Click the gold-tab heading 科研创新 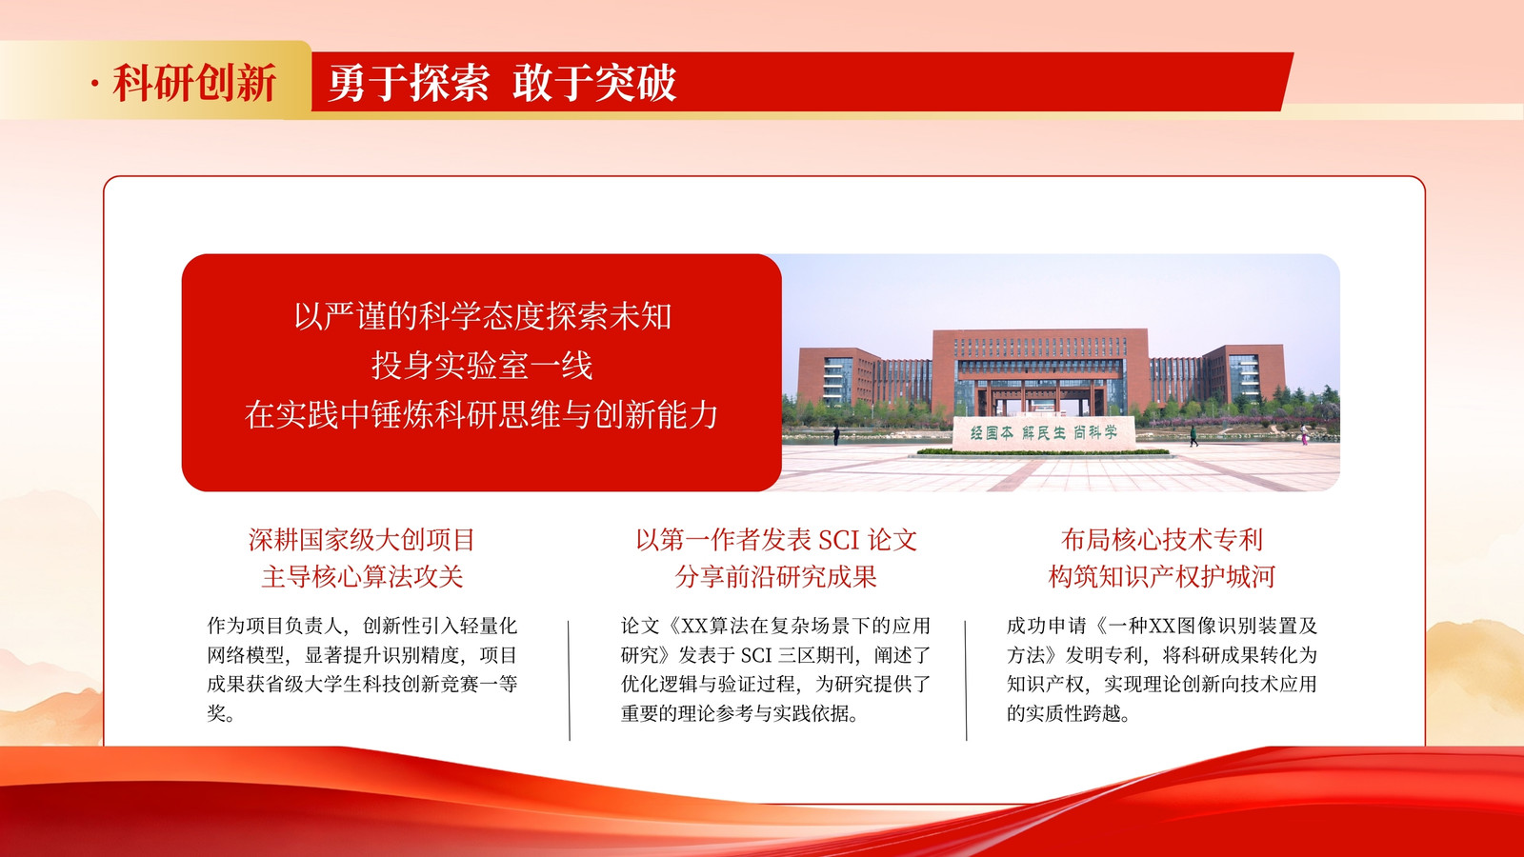click(194, 83)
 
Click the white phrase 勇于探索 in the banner click(409, 83)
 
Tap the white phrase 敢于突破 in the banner click(594, 83)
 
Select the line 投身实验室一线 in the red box click(482, 366)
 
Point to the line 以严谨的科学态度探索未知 click(482, 316)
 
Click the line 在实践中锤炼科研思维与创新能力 click(482, 414)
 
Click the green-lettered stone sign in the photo click(1043, 432)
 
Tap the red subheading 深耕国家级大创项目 click(362, 540)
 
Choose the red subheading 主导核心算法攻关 click(362, 577)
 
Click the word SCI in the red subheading click(838, 541)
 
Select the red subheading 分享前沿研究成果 click(775, 577)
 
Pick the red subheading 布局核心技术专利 click(1161, 540)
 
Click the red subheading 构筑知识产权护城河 click(1161, 577)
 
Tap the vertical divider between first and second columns click(569, 680)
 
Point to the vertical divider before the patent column click(966, 680)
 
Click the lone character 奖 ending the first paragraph click(217, 713)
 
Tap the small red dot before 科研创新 click(95, 84)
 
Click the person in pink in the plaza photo click(1304, 435)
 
